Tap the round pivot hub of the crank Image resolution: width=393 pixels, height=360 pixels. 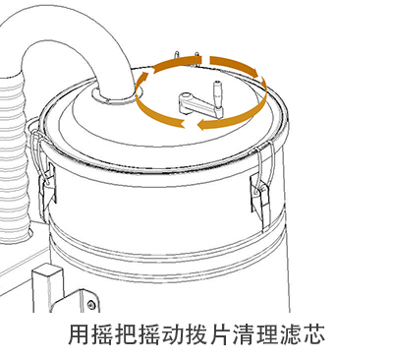[185, 97]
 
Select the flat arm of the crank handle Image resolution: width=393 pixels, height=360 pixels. [199, 105]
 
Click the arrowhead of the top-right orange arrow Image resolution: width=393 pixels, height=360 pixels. [253, 71]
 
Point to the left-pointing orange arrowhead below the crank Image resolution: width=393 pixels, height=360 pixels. [202, 125]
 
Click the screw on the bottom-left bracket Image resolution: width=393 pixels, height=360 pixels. [91, 305]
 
